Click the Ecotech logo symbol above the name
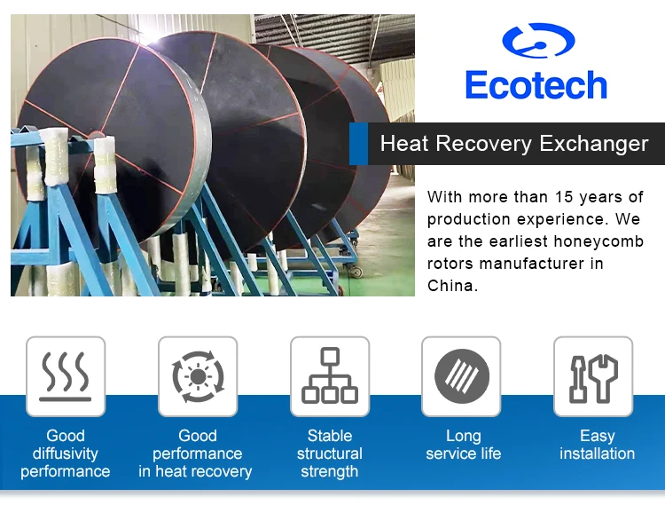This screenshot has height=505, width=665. point(538,41)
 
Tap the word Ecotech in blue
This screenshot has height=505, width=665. point(536,86)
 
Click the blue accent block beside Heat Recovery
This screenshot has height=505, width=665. point(358,144)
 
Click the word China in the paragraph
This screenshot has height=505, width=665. point(452,286)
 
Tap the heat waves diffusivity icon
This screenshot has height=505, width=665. point(66,376)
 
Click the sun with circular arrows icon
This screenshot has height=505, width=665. point(198,376)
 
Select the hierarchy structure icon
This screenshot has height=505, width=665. point(330,376)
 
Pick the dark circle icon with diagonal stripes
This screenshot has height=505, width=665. point(462,376)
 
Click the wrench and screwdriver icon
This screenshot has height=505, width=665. point(593,376)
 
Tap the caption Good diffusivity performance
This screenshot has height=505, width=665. point(66,454)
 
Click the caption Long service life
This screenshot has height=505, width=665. point(463,445)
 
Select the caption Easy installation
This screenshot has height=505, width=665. point(597,445)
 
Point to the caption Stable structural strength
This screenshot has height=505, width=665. point(330,454)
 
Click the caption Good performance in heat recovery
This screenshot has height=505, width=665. point(196,454)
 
